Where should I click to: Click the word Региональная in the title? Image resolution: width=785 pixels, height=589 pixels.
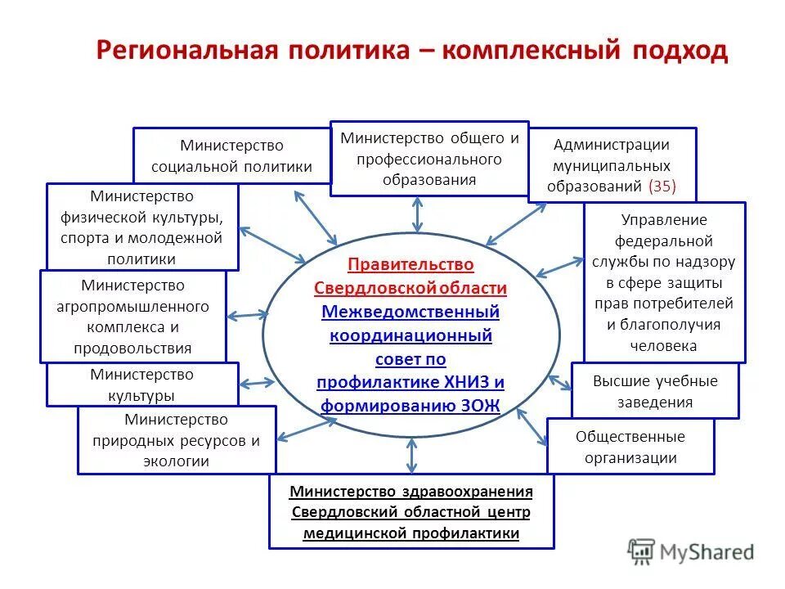(181, 51)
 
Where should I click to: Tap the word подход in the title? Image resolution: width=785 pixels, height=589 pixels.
(679, 52)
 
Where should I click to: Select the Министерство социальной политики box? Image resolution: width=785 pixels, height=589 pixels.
(231, 155)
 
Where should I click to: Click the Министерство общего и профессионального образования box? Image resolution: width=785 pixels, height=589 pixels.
(429, 159)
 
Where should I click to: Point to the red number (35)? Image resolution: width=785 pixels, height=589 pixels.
(662, 186)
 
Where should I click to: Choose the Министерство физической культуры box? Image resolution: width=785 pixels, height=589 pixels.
(142, 227)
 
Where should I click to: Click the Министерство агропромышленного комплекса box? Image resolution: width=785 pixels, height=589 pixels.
(132, 317)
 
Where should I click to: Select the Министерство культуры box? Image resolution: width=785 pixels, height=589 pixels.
(142, 384)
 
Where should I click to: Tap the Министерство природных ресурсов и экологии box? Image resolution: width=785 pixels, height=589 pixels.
(177, 440)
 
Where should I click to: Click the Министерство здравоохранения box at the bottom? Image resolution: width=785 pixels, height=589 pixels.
(411, 512)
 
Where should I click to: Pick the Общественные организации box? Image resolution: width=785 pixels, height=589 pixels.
(630, 447)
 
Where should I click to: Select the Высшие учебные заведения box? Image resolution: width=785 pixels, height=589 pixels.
(654, 391)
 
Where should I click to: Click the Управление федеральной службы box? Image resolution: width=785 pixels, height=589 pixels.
(664, 282)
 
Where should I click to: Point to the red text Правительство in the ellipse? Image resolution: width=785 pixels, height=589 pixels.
(410, 265)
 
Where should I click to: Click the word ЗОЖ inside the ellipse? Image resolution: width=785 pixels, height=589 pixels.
(479, 405)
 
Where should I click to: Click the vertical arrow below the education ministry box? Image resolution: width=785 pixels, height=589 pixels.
(418, 214)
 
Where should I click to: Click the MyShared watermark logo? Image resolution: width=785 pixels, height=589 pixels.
(691, 552)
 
